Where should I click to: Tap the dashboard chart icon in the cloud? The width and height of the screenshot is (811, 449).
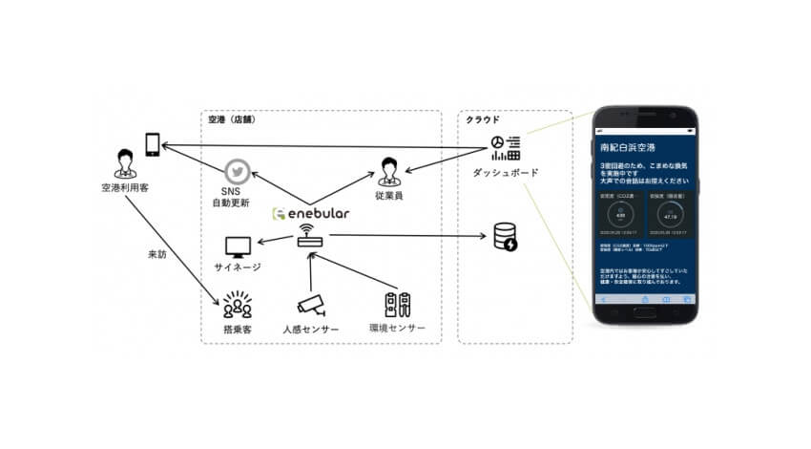point(505,148)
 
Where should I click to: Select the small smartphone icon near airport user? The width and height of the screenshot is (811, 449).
point(153,143)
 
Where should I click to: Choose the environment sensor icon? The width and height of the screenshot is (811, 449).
point(396,304)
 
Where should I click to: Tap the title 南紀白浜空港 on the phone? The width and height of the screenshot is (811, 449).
point(619,149)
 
